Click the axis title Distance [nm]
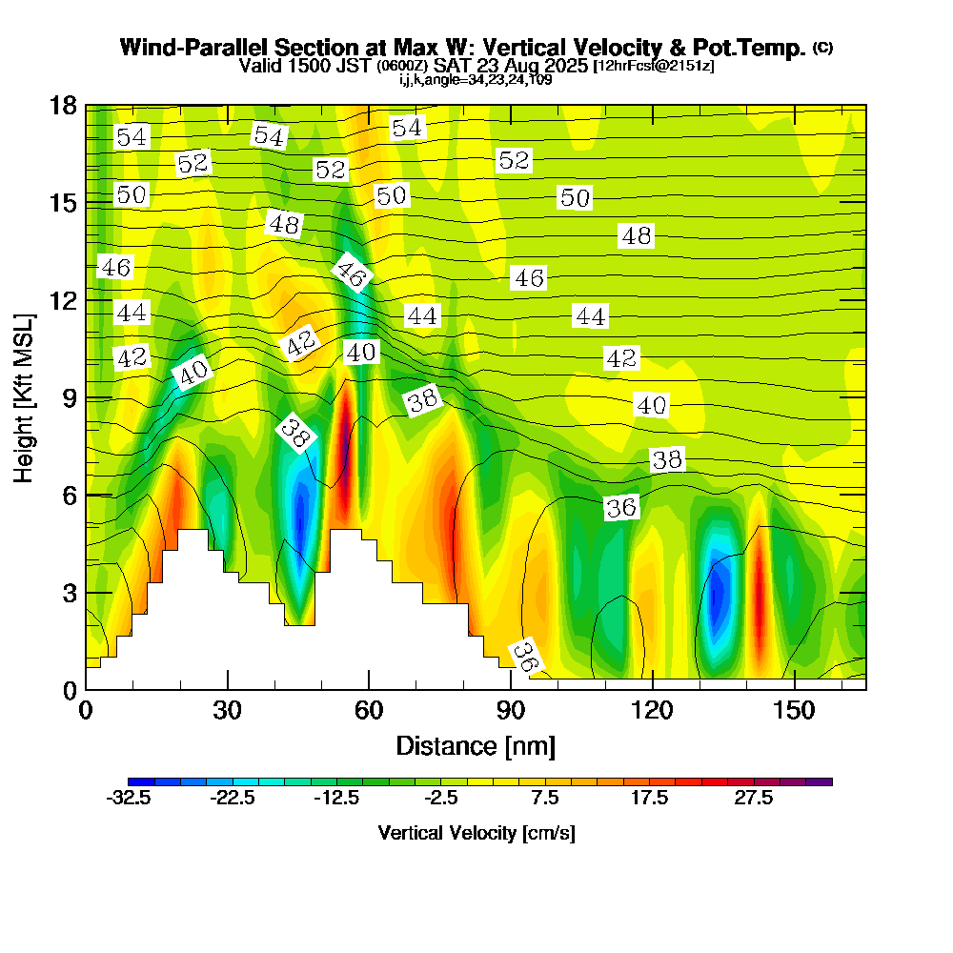(x=476, y=744)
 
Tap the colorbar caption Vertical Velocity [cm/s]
(x=476, y=833)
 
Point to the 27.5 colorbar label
(x=753, y=799)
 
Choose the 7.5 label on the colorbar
(x=545, y=799)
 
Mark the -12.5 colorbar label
(x=336, y=799)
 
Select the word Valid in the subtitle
(x=258, y=66)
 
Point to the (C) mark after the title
(x=823, y=48)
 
